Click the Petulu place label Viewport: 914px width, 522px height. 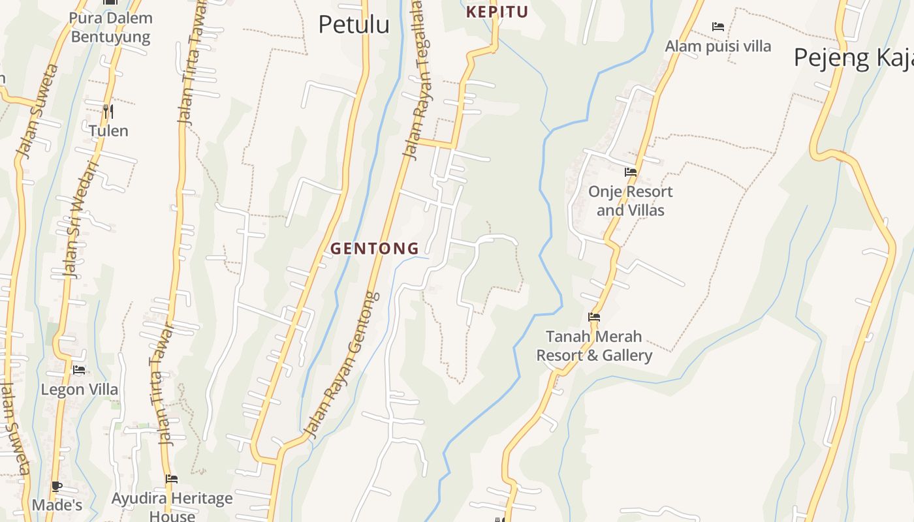pyautogui.click(x=353, y=25)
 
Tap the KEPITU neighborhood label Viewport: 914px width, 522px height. pyautogui.click(x=497, y=12)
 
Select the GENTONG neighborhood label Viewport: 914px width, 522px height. pyautogui.click(x=375, y=249)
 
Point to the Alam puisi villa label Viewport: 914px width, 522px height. pyautogui.click(x=717, y=46)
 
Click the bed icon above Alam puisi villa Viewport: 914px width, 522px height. pyautogui.click(x=718, y=27)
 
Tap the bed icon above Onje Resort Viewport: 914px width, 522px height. pyautogui.click(x=630, y=172)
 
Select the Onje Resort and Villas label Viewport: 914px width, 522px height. pyautogui.click(x=630, y=201)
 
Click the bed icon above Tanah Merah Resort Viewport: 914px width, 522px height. pyautogui.click(x=594, y=317)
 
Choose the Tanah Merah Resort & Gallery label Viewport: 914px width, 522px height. pyautogui.click(x=594, y=346)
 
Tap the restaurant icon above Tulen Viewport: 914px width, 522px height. pyautogui.click(x=108, y=112)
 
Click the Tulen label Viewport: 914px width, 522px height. pyautogui.click(x=108, y=131)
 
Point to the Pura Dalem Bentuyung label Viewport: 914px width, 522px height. pyautogui.click(x=111, y=27)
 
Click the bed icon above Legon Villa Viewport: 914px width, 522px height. pyautogui.click(x=79, y=370)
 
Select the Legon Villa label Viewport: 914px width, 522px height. pyautogui.click(x=80, y=390)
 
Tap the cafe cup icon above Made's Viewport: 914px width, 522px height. pyautogui.click(x=57, y=486)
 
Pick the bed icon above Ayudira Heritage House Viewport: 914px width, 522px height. pyautogui.click(x=172, y=479)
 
